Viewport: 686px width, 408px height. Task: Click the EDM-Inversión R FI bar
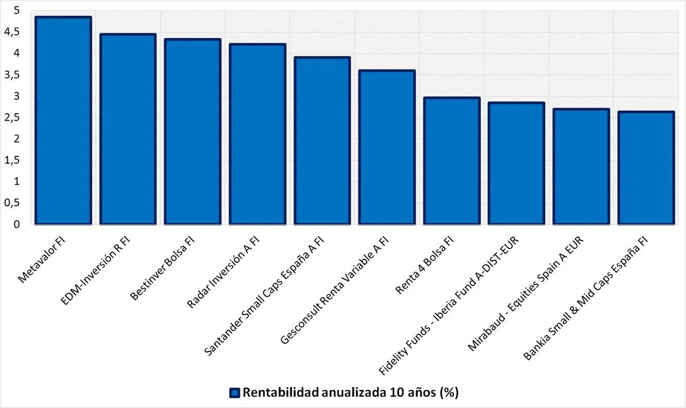(128, 129)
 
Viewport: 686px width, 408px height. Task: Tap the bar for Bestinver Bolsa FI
(193, 132)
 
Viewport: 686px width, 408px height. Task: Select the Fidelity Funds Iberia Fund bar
(517, 163)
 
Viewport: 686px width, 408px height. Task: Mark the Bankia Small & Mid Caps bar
(646, 168)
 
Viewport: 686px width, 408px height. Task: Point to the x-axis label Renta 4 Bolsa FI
(425, 265)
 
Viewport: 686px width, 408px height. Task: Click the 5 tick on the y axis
(17, 11)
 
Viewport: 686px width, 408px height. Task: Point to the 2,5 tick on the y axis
(14, 118)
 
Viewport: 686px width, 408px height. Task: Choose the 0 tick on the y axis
(17, 224)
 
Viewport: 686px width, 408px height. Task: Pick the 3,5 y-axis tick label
(14, 75)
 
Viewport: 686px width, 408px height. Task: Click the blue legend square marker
(235, 393)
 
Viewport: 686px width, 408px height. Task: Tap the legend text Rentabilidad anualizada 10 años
(350, 393)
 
